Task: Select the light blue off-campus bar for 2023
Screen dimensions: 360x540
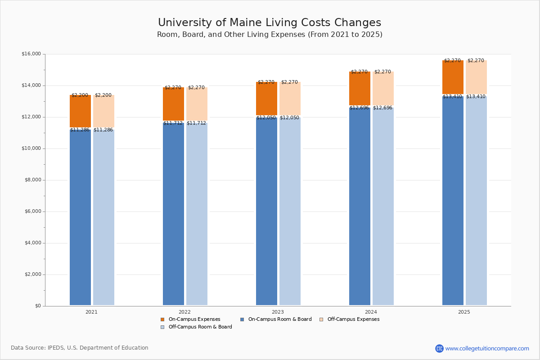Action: pos(290,211)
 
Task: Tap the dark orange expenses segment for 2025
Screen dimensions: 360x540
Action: pos(453,77)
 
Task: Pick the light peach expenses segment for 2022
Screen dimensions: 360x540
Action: pos(197,104)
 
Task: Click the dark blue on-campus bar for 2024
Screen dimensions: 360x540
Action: pos(360,207)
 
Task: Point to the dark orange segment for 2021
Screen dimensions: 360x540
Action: pos(80,111)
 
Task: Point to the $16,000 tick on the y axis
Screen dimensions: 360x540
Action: pos(31,54)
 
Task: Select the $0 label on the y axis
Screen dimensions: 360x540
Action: pos(37,306)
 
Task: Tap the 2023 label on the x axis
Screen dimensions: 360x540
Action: pos(278,312)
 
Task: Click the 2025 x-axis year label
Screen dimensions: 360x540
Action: pos(464,312)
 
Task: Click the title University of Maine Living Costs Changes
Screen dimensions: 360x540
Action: pos(270,23)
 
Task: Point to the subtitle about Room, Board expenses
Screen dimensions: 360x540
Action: pos(270,35)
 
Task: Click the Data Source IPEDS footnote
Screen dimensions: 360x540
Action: pos(80,348)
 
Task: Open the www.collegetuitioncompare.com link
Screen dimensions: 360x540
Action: pos(487,348)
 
